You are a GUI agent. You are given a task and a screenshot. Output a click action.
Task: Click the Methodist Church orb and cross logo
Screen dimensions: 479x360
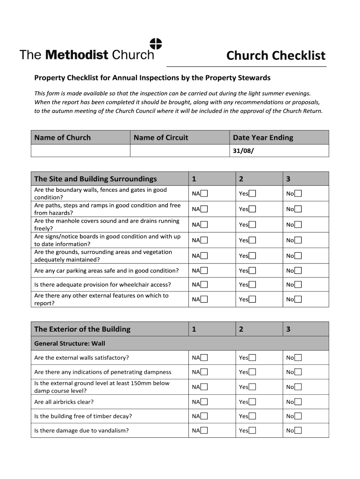(x=156, y=44)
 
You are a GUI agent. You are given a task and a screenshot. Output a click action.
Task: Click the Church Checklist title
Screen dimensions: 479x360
(x=275, y=56)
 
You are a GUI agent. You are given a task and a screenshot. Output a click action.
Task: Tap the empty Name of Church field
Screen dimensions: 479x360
(x=80, y=151)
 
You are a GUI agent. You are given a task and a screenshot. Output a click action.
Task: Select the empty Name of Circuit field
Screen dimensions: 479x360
(x=180, y=151)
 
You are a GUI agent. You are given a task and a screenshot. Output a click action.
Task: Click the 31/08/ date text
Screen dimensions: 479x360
(x=243, y=151)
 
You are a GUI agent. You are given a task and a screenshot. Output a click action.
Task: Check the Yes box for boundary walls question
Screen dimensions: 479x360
(x=252, y=194)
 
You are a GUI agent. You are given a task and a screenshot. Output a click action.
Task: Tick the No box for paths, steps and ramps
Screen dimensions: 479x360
(x=298, y=209)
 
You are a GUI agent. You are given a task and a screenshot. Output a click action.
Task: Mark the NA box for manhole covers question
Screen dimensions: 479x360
(x=204, y=225)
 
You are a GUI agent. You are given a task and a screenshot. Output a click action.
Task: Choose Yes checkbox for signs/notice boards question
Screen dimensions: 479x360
(x=252, y=240)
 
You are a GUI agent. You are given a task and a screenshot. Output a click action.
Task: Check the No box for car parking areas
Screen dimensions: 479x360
(x=298, y=270)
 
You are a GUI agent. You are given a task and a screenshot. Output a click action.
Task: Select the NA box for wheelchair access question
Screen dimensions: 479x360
(x=204, y=284)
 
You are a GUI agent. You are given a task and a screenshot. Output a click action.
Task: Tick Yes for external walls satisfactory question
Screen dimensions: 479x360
(x=252, y=358)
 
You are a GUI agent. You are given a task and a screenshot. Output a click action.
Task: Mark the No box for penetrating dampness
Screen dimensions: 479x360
(x=298, y=372)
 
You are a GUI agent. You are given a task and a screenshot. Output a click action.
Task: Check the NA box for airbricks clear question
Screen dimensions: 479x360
(x=204, y=402)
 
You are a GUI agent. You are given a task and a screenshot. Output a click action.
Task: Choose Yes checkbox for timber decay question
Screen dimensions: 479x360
(x=252, y=416)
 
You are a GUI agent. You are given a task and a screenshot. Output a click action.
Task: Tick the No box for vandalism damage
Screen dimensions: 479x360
(x=298, y=431)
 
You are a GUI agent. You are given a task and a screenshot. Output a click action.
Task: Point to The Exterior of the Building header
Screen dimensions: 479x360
(x=82, y=329)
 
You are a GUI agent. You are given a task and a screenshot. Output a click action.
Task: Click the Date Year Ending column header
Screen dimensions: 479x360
(x=263, y=138)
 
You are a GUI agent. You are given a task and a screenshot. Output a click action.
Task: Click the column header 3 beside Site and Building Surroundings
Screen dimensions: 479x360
(x=288, y=179)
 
